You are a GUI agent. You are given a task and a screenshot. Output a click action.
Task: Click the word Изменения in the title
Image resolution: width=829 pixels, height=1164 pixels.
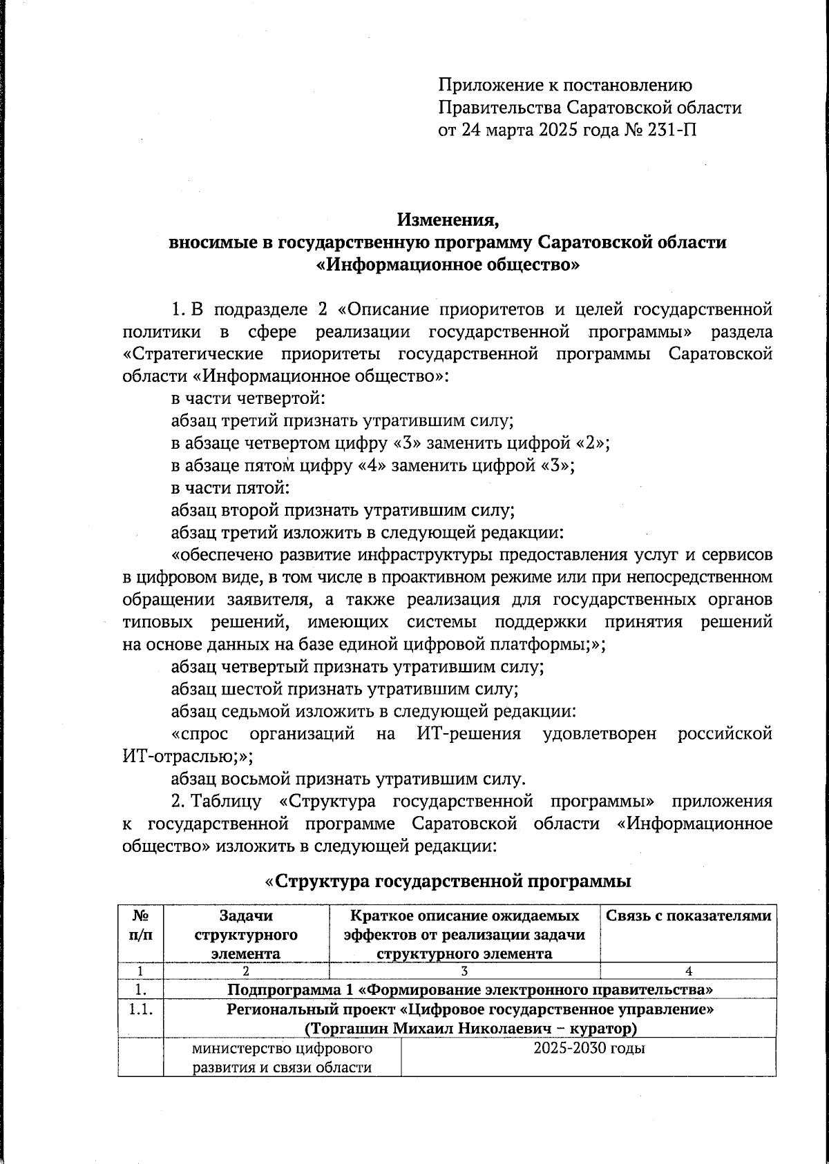click(x=447, y=221)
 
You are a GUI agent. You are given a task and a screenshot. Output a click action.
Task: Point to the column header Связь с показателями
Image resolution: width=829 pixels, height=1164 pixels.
click(x=688, y=916)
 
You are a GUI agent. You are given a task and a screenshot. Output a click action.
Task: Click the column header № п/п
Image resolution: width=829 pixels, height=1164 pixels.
click(x=141, y=925)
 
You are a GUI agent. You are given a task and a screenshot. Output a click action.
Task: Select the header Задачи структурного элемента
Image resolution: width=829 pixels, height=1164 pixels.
click(x=246, y=935)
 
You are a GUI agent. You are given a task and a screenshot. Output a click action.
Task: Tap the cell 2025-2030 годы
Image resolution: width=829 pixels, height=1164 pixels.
click(x=589, y=1049)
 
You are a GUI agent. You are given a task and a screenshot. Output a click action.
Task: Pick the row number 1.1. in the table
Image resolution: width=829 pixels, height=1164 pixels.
click(x=141, y=1009)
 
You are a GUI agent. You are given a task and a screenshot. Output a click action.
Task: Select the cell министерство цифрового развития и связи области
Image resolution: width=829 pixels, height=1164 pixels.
click(x=282, y=1058)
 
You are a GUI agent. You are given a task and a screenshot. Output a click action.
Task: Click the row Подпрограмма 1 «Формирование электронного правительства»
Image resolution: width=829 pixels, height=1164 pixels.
click(x=470, y=989)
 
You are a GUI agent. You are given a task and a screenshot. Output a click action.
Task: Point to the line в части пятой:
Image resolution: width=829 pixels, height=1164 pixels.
click(x=230, y=488)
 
